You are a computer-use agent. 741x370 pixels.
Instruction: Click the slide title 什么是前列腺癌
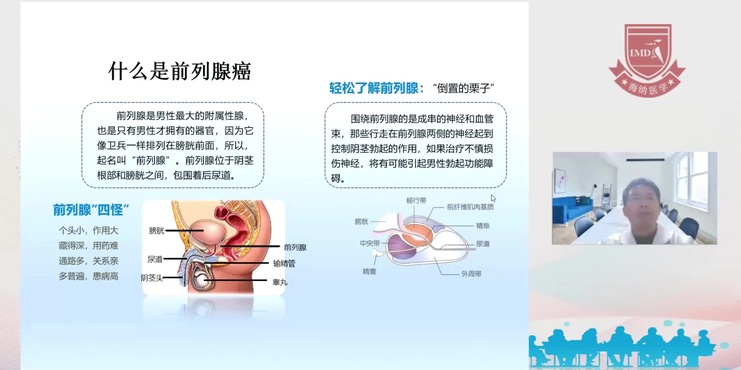pos(179,71)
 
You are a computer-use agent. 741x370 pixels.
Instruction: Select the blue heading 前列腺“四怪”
pos(91,210)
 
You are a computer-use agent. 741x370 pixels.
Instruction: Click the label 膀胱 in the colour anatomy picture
pos(156,231)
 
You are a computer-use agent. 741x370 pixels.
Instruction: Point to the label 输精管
pos(284,263)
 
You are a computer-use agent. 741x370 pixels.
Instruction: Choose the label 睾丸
pos(280,282)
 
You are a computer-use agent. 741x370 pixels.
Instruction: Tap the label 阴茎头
pos(152,278)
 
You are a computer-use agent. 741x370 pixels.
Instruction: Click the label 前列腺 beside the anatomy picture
pos(295,247)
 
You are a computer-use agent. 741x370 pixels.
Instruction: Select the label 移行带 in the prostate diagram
pos(416,201)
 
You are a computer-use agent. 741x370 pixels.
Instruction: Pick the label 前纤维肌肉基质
pos(470,207)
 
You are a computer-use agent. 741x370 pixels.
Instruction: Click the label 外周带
pos(471,274)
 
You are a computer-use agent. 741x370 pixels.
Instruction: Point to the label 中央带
pos(370,243)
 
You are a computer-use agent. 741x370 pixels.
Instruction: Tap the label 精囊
pos(369,272)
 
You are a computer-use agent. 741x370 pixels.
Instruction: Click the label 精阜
pos(483,226)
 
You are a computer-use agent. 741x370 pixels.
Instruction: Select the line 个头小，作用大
pos(89,230)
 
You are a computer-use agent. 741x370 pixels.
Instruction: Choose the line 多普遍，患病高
pos(89,276)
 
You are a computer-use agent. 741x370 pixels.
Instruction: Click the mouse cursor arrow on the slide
pos(493,198)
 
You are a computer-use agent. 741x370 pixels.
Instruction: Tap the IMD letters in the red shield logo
pos(640,53)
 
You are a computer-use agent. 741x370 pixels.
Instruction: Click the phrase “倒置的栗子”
pos(463,88)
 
